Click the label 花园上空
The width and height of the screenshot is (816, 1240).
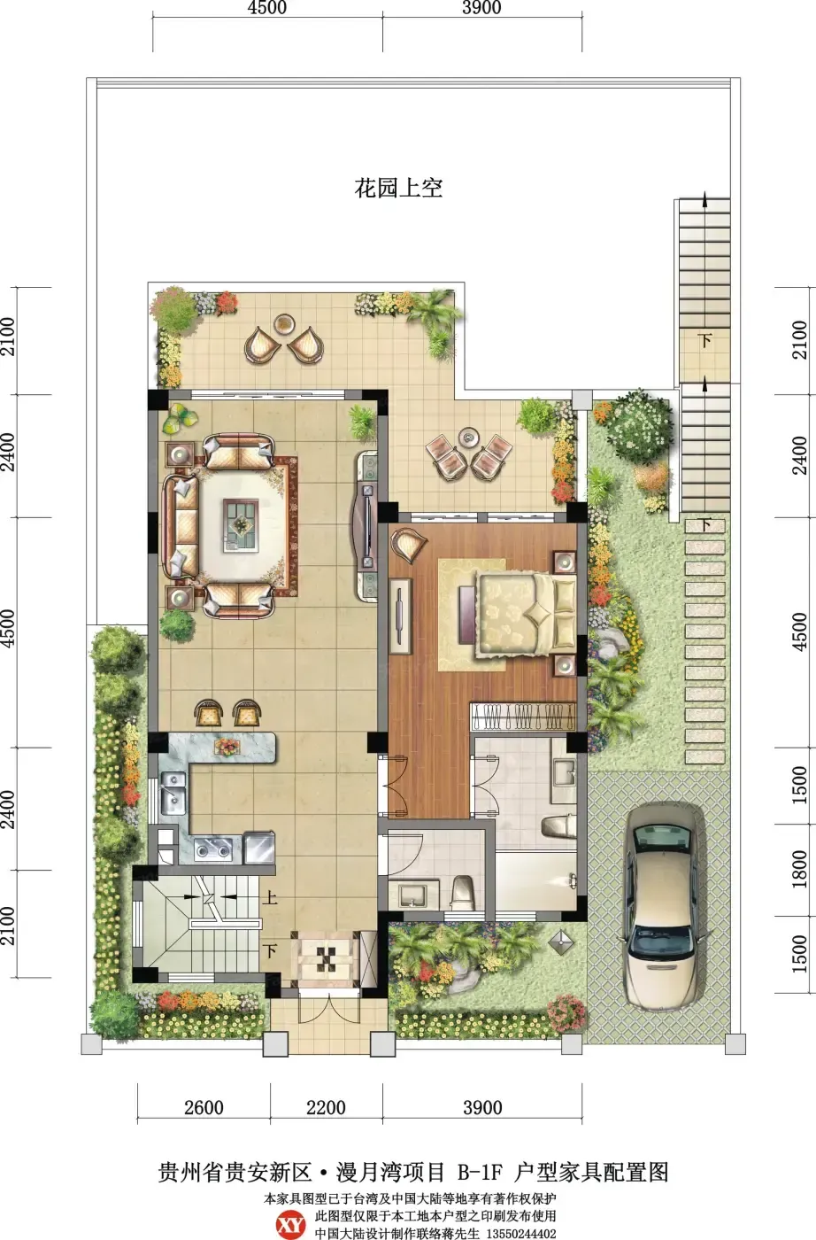[398, 189]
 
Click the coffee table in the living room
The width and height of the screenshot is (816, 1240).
[242, 524]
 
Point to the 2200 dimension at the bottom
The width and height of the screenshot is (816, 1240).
[327, 1107]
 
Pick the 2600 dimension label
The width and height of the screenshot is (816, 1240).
[204, 1107]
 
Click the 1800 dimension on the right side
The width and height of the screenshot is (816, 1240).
[800, 870]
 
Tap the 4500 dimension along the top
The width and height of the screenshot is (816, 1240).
[267, 8]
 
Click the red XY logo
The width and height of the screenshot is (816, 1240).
[290, 1224]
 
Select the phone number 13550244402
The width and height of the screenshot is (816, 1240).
[520, 1233]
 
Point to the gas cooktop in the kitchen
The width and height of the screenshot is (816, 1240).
[213, 849]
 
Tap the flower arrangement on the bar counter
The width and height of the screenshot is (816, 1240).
[227, 747]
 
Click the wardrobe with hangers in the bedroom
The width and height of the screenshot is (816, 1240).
[523, 717]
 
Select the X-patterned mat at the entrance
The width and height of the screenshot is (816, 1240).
[327, 959]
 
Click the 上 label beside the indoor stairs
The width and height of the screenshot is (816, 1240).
[269, 897]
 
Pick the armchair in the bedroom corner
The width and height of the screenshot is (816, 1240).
[408, 545]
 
